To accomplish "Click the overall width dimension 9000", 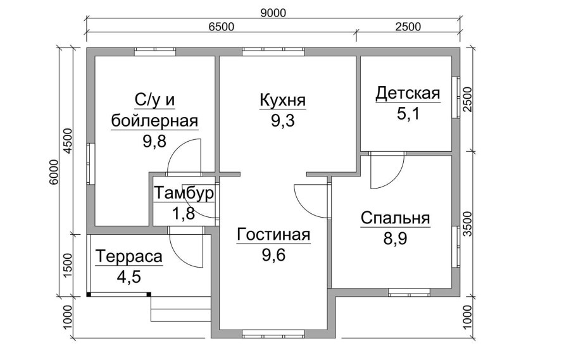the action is point(273,13).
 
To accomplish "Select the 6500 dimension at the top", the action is point(221,27).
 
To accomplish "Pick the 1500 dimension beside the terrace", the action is point(68,265).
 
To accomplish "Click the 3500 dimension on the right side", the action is point(467,224).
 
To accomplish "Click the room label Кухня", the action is point(282,100).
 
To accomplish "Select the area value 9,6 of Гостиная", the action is point(273,254).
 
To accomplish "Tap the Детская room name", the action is point(408,93).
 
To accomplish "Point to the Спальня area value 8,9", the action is point(395,239).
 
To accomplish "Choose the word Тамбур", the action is point(184,193).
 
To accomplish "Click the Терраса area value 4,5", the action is point(128,276).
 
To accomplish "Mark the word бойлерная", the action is point(154,120).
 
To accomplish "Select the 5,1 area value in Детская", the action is point(408,114).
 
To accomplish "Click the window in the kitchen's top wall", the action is point(273,52).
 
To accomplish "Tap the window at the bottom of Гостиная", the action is point(273,333).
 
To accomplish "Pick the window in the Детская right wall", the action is point(456,97).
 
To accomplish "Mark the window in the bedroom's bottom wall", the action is point(410,292).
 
